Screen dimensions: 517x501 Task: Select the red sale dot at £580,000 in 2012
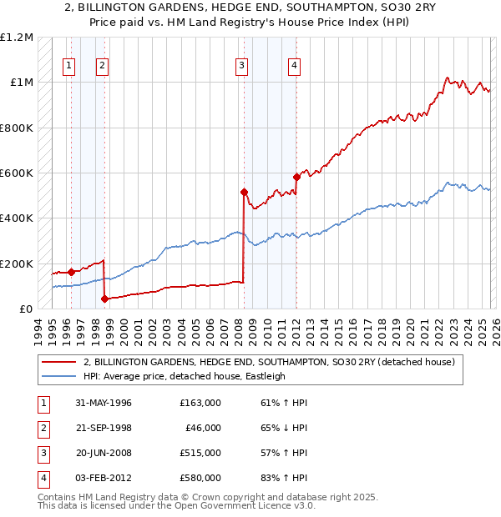pyautogui.click(x=296, y=177)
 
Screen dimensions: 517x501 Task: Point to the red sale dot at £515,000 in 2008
pyautogui.click(x=245, y=192)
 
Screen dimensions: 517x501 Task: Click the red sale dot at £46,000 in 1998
pyautogui.click(x=104, y=299)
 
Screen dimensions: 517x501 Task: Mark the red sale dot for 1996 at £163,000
pyautogui.click(x=72, y=271)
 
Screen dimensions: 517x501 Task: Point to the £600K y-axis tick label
pyautogui.click(x=17, y=173)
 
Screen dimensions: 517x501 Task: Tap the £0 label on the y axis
pyautogui.click(x=26, y=309)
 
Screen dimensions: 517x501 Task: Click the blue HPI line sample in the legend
pyautogui.click(x=58, y=376)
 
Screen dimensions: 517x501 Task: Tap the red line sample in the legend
pyautogui.click(x=58, y=362)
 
